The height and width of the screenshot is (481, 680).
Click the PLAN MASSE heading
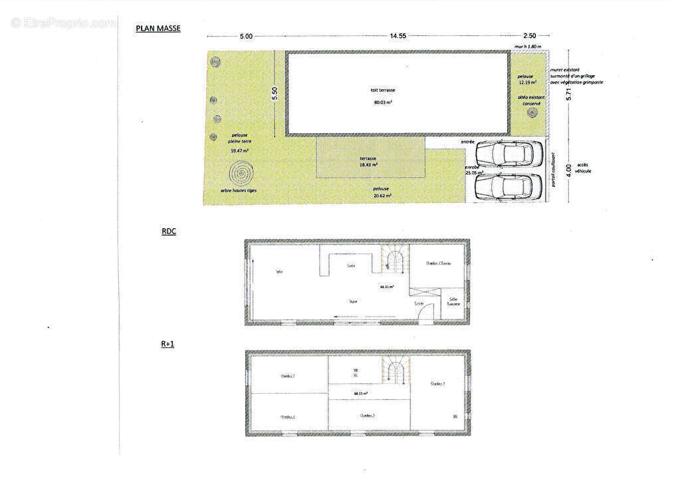158,29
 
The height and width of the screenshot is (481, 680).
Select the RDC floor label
168,232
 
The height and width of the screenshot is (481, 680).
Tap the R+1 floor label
167,344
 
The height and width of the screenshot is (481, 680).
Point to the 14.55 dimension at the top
398,36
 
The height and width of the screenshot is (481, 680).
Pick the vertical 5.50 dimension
274,94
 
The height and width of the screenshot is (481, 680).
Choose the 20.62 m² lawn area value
382,196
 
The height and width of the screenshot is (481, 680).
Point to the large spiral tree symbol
241,174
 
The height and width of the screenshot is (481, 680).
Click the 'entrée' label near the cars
467,142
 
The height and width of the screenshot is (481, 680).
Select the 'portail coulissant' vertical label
553,169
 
